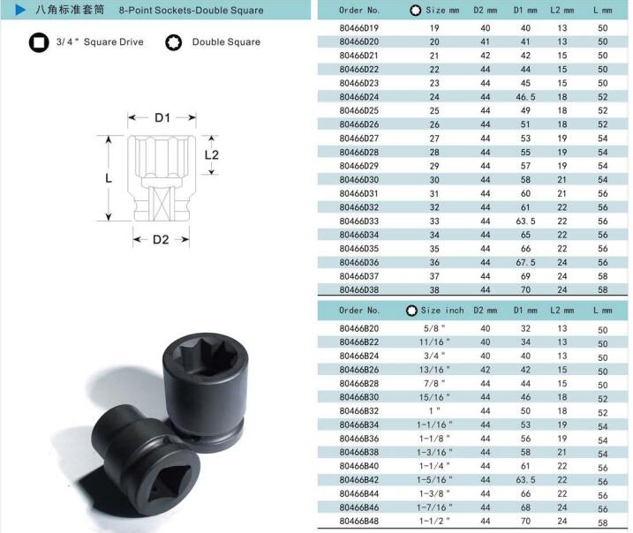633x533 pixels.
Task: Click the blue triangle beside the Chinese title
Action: (x=19, y=10)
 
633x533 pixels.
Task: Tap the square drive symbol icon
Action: (x=39, y=42)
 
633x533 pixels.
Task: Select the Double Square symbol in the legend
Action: (x=174, y=42)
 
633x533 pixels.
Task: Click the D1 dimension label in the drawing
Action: (x=162, y=118)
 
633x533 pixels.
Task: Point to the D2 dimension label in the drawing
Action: (x=161, y=240)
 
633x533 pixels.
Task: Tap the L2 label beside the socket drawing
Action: (x=212, y=155)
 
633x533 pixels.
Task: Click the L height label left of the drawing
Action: (x=109, y=178)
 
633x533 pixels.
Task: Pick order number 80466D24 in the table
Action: (x=359, y=97)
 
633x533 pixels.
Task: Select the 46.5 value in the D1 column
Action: (x=525, y=97)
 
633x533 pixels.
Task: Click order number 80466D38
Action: (x=359, y=289)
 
